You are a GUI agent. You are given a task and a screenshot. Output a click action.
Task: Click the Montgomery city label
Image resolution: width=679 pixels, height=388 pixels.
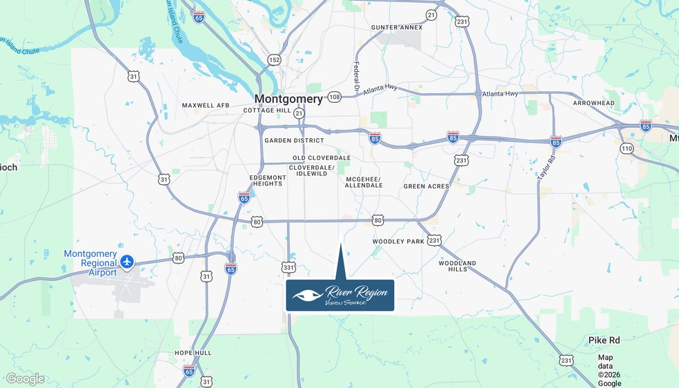click(x=288, y=99)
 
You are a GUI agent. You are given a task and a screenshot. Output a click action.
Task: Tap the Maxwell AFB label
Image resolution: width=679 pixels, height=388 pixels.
click(x=205, y=106)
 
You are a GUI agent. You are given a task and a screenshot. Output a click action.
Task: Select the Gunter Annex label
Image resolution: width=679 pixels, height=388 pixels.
click(x=396, y=28)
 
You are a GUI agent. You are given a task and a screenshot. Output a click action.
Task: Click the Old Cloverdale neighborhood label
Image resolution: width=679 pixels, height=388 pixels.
click(x=322, y=158)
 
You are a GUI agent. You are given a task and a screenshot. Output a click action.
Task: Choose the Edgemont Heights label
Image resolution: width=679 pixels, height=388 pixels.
click(x=268, y=181)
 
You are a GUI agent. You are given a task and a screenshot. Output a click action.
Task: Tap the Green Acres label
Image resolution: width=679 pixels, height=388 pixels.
click(x=426, y=186)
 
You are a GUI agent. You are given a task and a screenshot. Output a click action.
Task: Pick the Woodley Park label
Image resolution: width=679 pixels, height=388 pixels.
click(x=398, y=242)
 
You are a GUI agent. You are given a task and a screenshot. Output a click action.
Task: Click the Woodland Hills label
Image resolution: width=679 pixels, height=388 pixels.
click(x=457, y=266)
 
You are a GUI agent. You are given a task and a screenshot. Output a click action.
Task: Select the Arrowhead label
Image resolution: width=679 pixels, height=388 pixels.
click(x=593, y=104)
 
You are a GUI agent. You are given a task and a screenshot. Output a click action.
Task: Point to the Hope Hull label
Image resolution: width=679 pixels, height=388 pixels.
click(x=193, y=353)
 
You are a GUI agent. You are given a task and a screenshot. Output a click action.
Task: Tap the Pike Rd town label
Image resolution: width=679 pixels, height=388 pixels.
click(x=605, y=340)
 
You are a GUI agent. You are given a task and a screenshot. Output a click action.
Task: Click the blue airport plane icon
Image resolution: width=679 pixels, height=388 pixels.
click(x=126, y=262)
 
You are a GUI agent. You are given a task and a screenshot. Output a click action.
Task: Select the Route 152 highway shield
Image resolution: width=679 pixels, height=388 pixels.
click(x=275, y=59)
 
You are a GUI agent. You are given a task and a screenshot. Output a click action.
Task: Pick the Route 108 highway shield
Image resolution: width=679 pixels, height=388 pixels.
click(x=335, y=97)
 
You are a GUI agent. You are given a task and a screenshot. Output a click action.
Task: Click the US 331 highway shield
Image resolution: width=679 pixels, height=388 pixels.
click(x=288, y=266)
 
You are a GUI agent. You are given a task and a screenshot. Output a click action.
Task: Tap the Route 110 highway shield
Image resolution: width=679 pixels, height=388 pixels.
click(x=627, y=148)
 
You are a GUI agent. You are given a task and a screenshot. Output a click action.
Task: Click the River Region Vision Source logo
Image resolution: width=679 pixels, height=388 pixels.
click(x=339, y=295)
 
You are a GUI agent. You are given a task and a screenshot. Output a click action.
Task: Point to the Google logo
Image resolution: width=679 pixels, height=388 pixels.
click(x=25, y=379)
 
